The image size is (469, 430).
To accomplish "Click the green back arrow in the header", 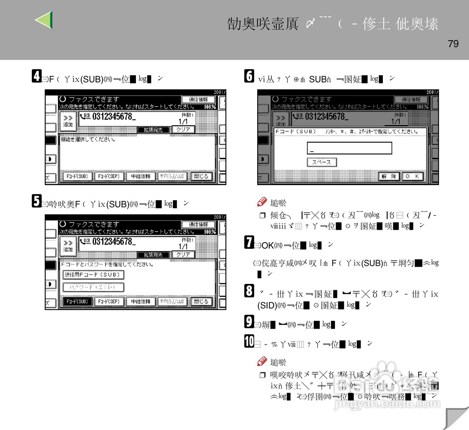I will click(x=44, y=20).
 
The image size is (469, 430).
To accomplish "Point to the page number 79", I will click(x=453, y=44).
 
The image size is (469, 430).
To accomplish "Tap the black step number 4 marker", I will click(x=37, y=76).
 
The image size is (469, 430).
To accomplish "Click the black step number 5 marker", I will click(x=37, y=201).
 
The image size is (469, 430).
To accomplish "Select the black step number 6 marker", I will click(x=249, y=76).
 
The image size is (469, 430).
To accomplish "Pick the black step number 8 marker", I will click(x=249, y=291).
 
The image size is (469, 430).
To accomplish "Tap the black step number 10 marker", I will click(x=249, y=341).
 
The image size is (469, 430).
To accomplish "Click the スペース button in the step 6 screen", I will click(x=322, y=162).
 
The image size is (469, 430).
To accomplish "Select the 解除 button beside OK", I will click(x=389, y=176).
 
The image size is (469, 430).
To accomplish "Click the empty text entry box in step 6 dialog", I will click(x=349, y=148).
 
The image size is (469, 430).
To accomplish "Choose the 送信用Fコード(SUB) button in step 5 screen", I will click(x=93, y=274).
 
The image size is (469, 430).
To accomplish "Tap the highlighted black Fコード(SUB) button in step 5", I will click(x=77, y=302).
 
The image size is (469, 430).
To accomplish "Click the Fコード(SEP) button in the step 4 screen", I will click(x=109, y=176).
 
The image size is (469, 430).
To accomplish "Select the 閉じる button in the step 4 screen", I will click(x=201, y=176).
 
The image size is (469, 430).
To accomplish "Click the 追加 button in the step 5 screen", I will click(x=68, y=246).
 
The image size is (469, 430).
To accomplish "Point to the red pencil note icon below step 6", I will click(x=262, y=202).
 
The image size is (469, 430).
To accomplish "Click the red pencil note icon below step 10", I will click(x=262, y=361).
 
